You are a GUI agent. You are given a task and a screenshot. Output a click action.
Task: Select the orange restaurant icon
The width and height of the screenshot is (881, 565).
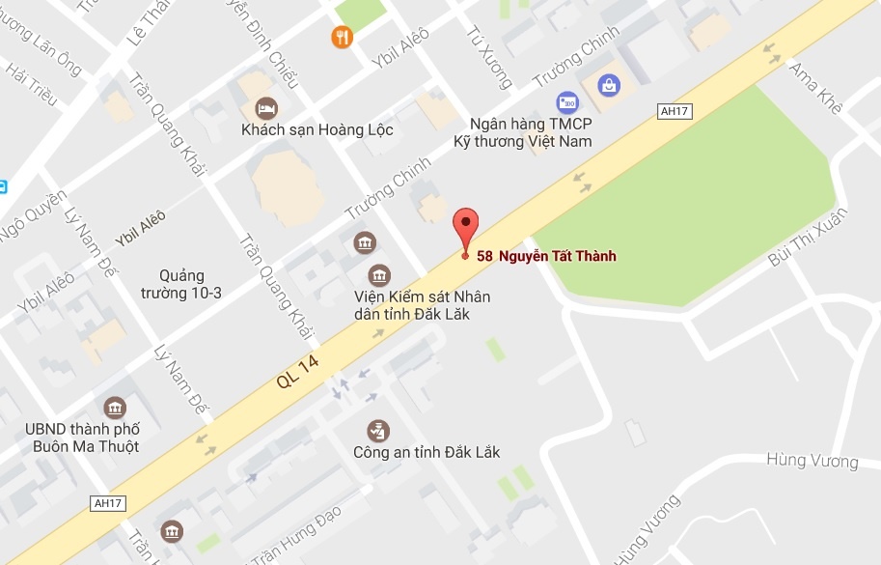[x=342, y=38]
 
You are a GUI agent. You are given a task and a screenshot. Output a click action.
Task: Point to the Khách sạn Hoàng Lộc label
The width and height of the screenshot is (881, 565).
[x=317, y=130]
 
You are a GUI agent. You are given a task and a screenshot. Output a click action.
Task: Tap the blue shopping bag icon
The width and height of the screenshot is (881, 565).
[x=609, y=85]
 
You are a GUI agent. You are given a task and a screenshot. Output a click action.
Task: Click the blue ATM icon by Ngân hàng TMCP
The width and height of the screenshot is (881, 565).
[x=566, y=101]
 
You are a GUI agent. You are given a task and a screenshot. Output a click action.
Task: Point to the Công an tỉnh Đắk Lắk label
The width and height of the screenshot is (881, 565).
[x=427, y=452]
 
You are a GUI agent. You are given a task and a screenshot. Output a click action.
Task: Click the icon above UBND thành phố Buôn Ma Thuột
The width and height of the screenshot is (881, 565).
[x=115, y=408]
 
